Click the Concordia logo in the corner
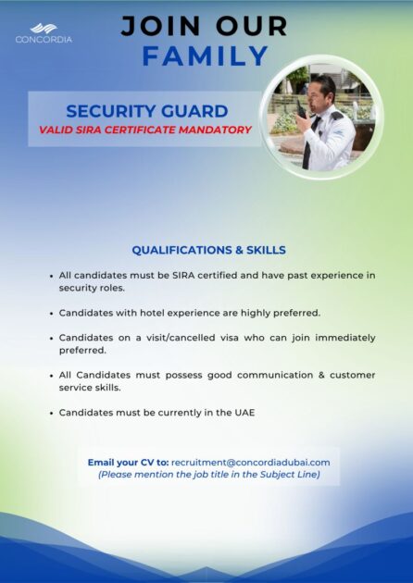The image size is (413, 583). pos(44,33)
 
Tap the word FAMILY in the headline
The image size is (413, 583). pos(205,56)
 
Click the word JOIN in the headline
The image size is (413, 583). pos(161,26)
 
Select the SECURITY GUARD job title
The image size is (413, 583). pos(147,111)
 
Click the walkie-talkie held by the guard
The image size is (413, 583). pos(301,110)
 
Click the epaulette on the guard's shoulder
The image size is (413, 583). pos(336,116)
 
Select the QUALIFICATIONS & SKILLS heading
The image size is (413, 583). pos(208,250)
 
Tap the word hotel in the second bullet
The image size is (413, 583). pos(152,313)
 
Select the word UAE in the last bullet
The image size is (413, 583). pos(244,413)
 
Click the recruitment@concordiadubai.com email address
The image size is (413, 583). pos(250,463)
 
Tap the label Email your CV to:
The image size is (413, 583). pos(128,463)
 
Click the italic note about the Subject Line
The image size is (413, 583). pos(209,475)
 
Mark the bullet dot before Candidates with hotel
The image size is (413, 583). pos(51,314)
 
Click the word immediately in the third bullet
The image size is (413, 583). pos(345,338)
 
